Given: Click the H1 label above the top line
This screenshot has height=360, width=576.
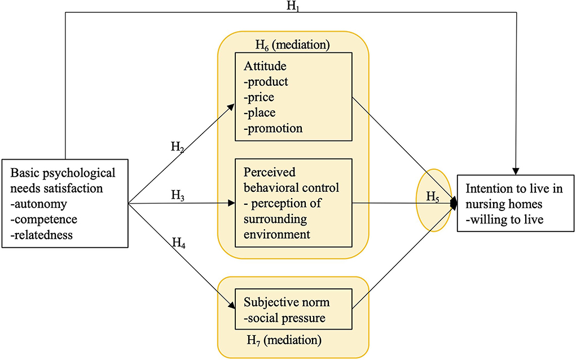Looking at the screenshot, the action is click(x=292, y=6).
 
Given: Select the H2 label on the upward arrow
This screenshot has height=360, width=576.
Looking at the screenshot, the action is click(x=178, y=147).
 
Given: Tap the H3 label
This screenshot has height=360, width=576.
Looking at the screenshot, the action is click(x=178, y=195).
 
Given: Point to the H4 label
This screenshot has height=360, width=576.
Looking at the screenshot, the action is click(x=179, y=243).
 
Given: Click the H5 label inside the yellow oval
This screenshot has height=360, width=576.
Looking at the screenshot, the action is click(x=433, y=197).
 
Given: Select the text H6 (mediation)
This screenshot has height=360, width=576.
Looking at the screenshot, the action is click(x=293, y=45).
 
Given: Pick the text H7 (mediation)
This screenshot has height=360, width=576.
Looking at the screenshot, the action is click(x=284, y=340).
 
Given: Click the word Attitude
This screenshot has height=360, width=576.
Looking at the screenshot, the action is click(x=265, y=66).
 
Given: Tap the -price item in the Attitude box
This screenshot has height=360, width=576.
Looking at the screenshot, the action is click(x=259, y=98).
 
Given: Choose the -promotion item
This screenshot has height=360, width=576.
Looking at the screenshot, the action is click(x=273, y=129).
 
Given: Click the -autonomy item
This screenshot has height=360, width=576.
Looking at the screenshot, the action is click(x=39, y=204).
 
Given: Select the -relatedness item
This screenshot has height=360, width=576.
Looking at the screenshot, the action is click(x=42, y=235).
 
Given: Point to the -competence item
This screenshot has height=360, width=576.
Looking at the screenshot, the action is click(x=44, y=219).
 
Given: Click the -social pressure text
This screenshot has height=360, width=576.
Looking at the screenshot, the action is click(x=285, y=318).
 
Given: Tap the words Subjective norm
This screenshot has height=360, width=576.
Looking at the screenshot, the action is click(x=287, y=302).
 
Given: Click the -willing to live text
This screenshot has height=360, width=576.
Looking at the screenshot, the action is click(x=505, y=219).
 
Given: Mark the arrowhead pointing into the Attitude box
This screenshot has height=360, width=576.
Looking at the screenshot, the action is click(x=231, y=107).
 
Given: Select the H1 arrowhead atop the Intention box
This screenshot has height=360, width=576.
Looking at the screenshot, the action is click(x=516, y=172).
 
